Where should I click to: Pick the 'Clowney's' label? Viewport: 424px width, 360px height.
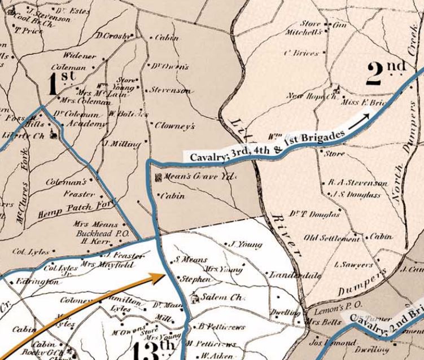[175, 126]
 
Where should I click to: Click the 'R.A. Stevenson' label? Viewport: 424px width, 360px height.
[358, 183]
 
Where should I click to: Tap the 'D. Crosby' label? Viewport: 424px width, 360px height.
[113, 36]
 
